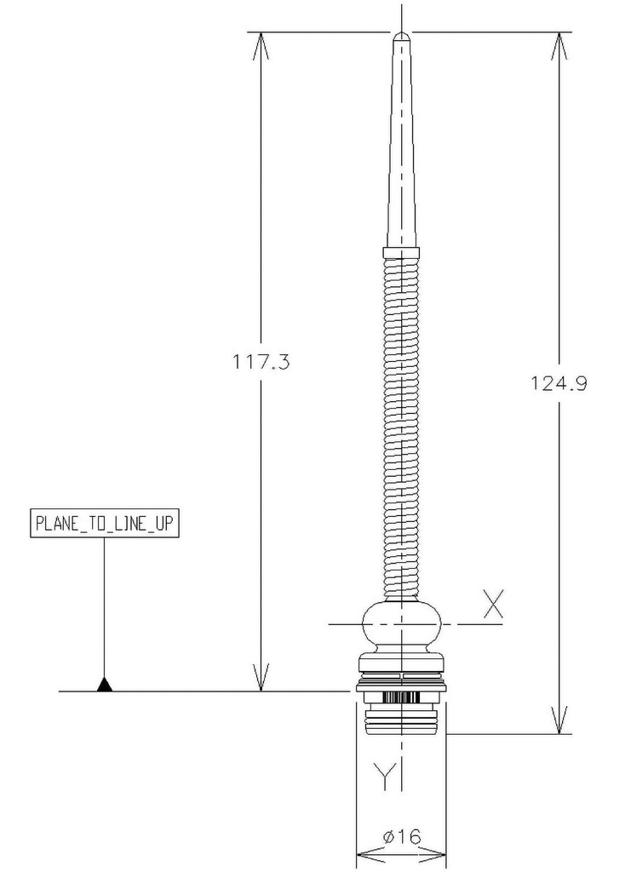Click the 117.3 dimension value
click(x=261, y=362)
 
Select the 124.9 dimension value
click(x=559, y=383)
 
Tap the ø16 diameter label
click(x=401, y=836)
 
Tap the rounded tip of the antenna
click(x=401, y=36)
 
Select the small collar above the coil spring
click(x=401, y=252)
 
